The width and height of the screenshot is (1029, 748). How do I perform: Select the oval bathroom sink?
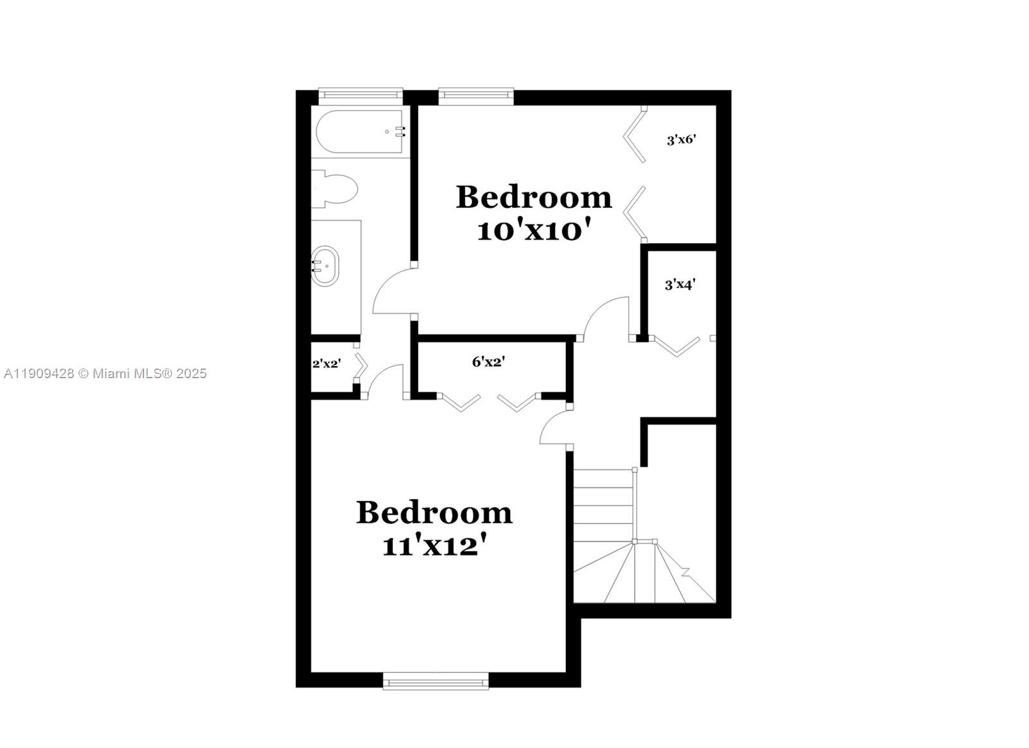[325, 266]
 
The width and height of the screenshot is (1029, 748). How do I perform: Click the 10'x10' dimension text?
[533, 230]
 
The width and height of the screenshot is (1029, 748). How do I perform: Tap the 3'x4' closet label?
[680, 284]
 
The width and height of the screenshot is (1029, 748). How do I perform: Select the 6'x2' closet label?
[489, 362]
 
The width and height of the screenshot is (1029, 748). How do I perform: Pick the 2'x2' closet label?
[326, 363]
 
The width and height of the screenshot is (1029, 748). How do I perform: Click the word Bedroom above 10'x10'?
[533, 197]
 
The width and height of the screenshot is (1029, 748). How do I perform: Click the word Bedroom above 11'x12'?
[434, 513]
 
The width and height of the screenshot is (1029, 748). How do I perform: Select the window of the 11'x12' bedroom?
[435, 681]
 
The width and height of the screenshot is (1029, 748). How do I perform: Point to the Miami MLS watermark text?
[105, 374]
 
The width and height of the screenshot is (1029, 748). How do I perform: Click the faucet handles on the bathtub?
[401, 132]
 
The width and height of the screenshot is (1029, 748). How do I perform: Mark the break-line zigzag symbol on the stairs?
[686, 571]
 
